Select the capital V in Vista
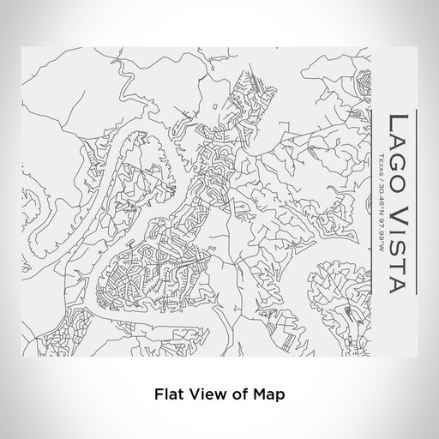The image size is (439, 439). pyautogui.click(x=399, y=214)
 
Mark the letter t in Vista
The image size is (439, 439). pyautogui.click(x=399, y=263)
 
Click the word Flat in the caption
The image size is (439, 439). pyautogui.click(x=169, y=395)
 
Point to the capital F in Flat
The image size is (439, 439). pyautogui.click(x=159, y=395)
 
